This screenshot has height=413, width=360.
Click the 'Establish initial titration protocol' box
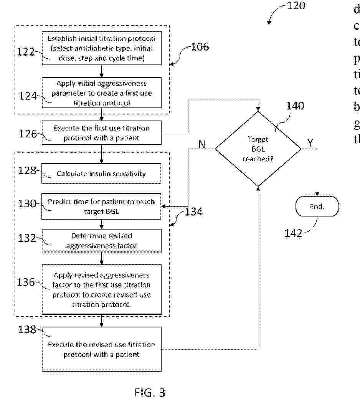(x=101, y=48)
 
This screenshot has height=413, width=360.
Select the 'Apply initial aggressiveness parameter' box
(x=101, y=93)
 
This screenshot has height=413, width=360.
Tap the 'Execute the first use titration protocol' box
(x=101, y=133)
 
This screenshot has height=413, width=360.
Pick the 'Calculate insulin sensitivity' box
(x=101, y=173)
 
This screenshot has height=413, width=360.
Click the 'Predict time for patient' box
(x=101, y=206)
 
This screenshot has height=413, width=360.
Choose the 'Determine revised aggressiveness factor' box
(x=101, y=241)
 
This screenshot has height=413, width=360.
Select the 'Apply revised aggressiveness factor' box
(x=101, y=289)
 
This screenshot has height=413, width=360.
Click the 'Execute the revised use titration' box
(x=101, y=349)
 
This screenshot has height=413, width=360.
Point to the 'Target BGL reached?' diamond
(x=258, y=149)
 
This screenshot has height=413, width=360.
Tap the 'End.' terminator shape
(x=317, y=206)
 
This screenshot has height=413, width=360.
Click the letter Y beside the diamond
(x=310, y=143)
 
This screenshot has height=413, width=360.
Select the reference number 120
(x=296, y=6)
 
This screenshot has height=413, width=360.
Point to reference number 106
(x=200, y=47)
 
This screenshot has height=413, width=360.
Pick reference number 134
(x=193, y=211)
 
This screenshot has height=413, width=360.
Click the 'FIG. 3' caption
(x=150, y=393)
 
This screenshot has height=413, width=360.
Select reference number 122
(x=26, y=52)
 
